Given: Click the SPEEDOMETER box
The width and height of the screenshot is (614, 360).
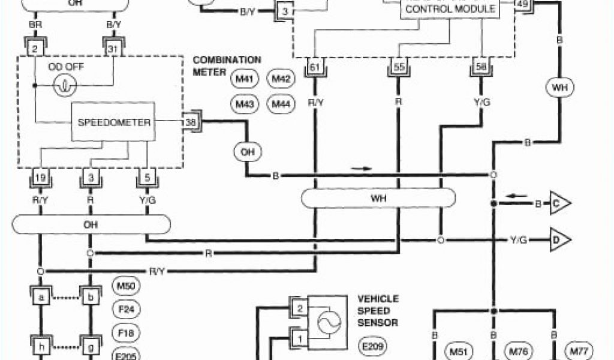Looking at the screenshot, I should click(113, 122).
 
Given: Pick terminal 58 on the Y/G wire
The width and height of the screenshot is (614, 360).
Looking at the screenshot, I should click(480, 67).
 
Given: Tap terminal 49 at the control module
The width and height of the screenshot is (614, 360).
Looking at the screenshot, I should click(522, 4).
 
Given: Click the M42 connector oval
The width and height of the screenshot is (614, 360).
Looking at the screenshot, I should click(281, 79).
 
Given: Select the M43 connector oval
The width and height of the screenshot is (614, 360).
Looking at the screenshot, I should click(244, 105).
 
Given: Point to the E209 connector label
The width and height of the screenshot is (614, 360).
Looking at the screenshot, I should click(372, 346).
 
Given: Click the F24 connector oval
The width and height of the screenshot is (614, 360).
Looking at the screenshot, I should click(126, 310).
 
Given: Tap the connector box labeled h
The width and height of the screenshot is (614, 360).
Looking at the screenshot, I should click(41, 347).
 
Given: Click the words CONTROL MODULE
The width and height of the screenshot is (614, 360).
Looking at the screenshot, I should click(450, 9).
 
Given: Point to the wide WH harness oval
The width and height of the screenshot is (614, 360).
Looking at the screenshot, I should click(378, 197).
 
